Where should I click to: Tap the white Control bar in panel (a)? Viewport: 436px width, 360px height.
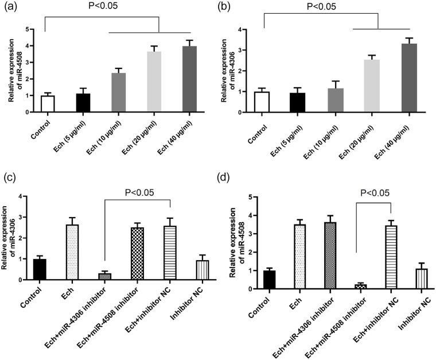pyautogui.click(x=48, y=104)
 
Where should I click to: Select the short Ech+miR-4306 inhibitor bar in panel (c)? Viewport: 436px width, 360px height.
pyautogui.click(x=104, y=276)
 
